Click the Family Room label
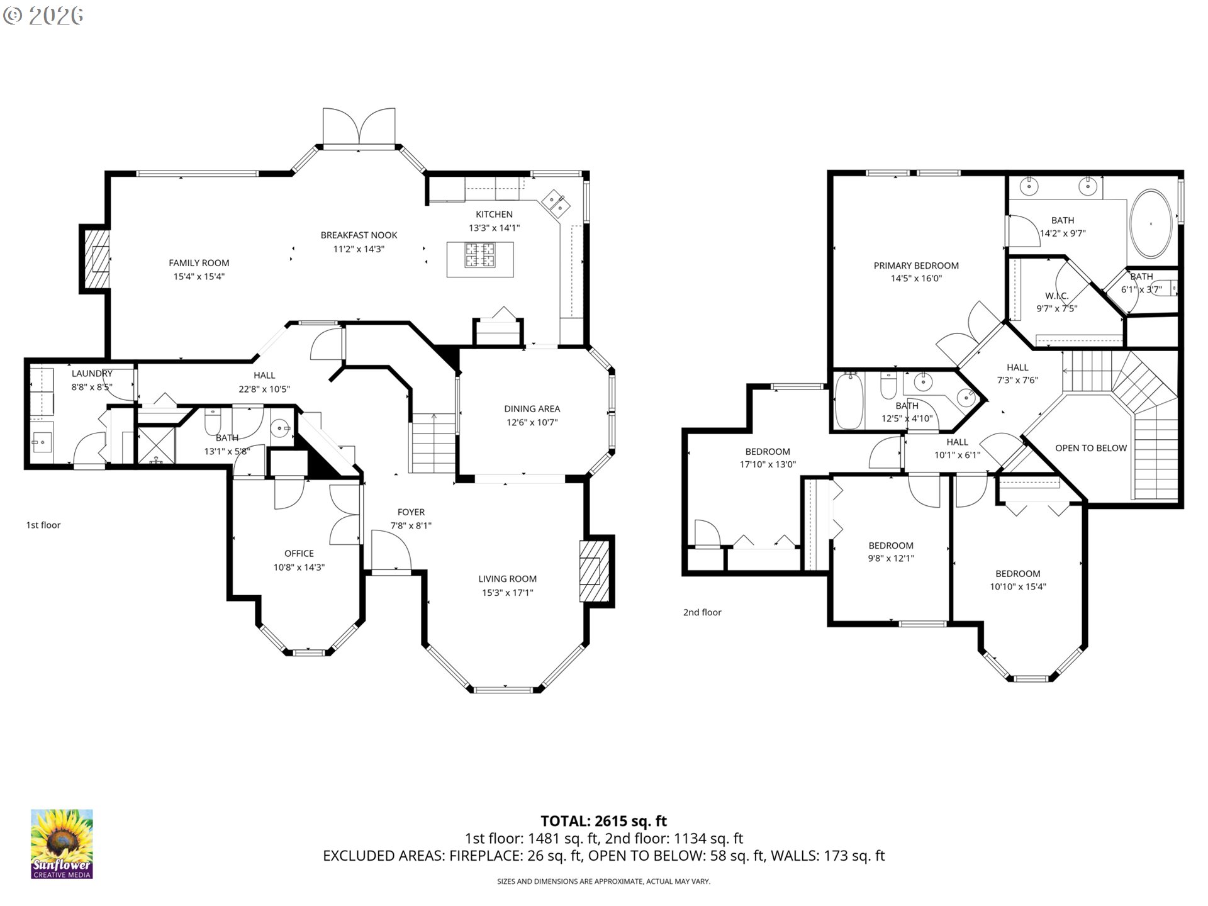coord(199,263)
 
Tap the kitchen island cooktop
coord(480,256)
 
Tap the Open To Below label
coord(1090,448)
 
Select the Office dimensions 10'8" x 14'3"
coord(299,567)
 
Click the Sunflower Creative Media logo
coord(62,844)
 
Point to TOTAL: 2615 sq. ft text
coord(603,821)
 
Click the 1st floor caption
coord(43,525)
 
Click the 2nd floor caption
coord(702,612)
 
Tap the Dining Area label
coord(532,408)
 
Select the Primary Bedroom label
coord(916,266)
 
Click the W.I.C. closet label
coord(1056,296)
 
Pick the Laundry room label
coord(92,373)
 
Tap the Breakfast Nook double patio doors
coord(359,128)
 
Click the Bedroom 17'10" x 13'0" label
coord(768,451)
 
